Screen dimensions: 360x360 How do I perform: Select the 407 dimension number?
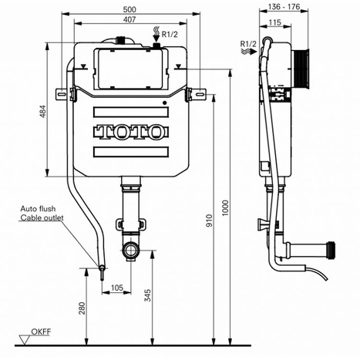(x=130, y=22)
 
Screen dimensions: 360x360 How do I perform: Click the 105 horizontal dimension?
(x=117, y=288)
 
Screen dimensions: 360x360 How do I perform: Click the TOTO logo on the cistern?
(x=130, y=132)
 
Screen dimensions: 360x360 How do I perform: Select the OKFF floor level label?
(x=40, y=334)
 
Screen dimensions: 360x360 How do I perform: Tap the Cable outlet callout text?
(x=42, y=219)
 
